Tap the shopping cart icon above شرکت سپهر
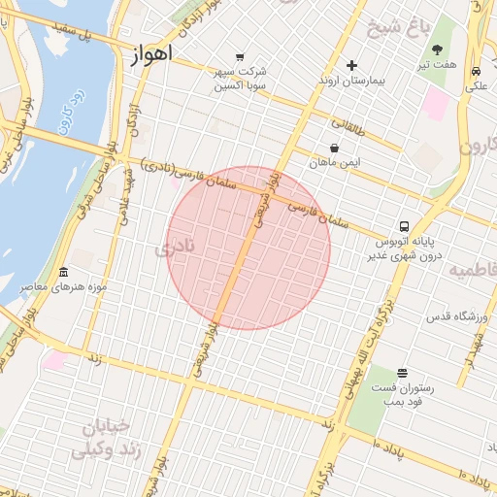tap(241, 55)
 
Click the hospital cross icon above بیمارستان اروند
tap(351, 65)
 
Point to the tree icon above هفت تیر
tap(438, 50)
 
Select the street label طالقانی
tap(350, 124)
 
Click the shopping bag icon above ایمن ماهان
tap(335, 149)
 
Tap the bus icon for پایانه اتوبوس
tap(405, 223)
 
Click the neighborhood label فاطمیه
tap(473, 269)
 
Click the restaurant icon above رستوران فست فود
tap(403, 373)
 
